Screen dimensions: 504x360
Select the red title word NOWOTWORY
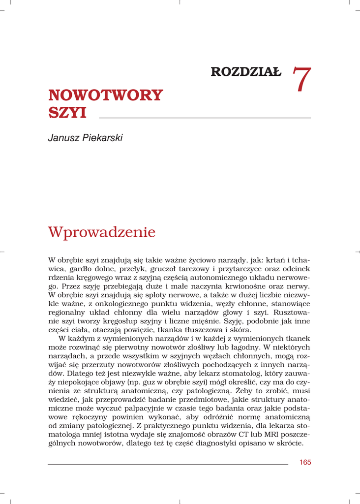[105, 95]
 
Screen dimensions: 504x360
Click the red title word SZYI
[67, 113]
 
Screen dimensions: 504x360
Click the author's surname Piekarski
[102, 138]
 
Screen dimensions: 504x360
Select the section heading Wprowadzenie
[101, 232]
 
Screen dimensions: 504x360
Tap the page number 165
[305, 463]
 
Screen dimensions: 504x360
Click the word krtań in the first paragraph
[276, 260]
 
